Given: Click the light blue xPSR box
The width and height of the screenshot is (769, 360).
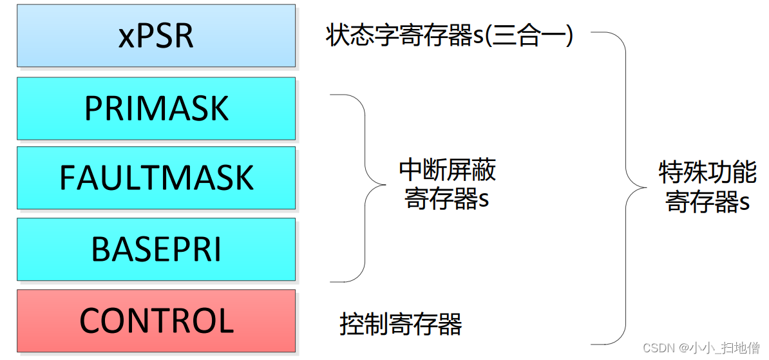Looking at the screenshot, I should [156, 36].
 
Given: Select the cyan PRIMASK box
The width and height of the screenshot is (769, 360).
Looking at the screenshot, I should [156, 108].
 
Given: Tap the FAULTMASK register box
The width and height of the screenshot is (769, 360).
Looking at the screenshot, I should [156, 178].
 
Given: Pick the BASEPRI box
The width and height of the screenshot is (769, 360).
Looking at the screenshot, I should [156, 249].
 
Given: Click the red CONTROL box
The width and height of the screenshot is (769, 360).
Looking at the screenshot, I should [156, 321].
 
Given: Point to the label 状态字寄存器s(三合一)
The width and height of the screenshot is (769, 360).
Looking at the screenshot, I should [449, 36].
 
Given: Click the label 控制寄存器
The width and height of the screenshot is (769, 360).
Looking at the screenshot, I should [401, 324].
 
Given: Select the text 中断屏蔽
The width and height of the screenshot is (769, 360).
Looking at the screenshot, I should [447, 171].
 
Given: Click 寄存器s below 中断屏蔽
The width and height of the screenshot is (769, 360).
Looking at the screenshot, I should [447, 200].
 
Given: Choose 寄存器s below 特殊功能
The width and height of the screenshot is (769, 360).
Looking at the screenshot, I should [707, 202].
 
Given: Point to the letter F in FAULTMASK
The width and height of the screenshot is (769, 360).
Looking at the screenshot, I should [67, 178].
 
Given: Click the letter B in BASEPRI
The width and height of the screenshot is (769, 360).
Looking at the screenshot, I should [100, 249].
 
